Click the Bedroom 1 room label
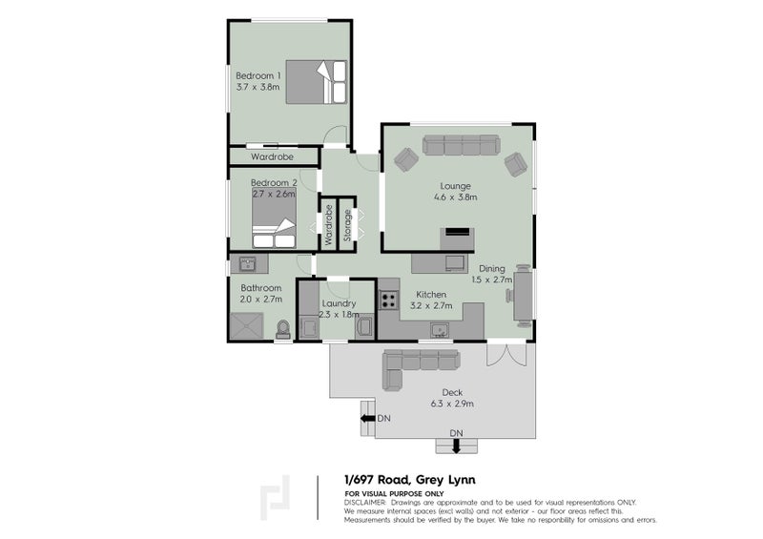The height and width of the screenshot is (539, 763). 258,75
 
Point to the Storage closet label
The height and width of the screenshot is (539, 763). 347,225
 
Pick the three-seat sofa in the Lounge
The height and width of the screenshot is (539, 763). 461,145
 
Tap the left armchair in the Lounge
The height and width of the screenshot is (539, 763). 405,160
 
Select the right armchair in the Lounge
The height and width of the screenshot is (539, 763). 516,164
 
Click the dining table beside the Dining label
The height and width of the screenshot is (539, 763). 523,294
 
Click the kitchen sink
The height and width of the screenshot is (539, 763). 440,330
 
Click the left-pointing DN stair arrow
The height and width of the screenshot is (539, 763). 366,418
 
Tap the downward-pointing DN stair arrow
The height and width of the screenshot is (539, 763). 456,446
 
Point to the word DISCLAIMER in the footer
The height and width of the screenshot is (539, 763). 364,501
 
